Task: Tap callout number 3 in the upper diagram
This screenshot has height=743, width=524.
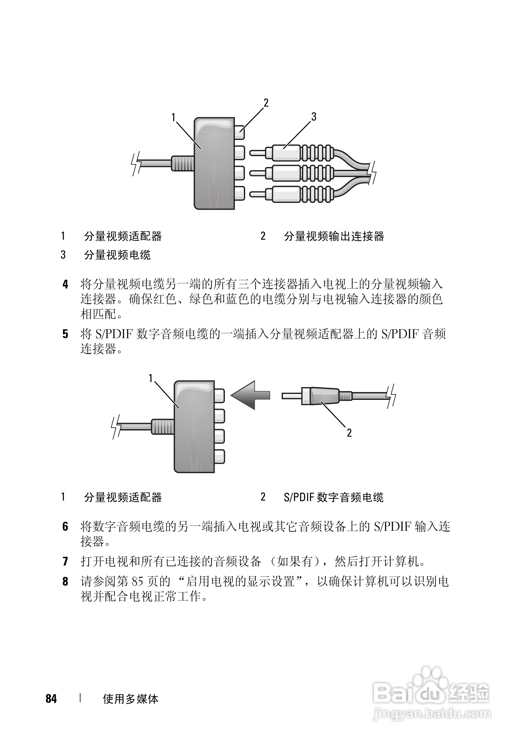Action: pyautogui.click(x=313, y=117)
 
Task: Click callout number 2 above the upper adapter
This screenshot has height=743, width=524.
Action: pyautogui.click(x=266, y=103)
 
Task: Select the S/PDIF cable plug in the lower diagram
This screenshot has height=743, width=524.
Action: pyautogui.click(x=321, y=396)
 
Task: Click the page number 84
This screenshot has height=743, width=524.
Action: pyautogui.click(x=51, y=699)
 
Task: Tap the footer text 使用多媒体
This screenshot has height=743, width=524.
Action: pyautogui.click(x=130, y=699)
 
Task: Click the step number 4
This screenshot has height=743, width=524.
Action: pyautogui.click(x=65, y=285)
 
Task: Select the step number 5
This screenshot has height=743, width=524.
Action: pyautogui.click(x=65, y=334)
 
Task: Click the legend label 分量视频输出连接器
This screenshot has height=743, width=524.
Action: pyautogui.click(x=334, y=236)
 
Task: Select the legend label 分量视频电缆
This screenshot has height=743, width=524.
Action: pyautogui.click(x=117, y=255)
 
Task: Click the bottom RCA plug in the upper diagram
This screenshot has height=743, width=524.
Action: pyautogui.click(x=291, y=194)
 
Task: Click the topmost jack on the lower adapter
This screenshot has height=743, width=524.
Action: pyautogui.click(x=220, y=395)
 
